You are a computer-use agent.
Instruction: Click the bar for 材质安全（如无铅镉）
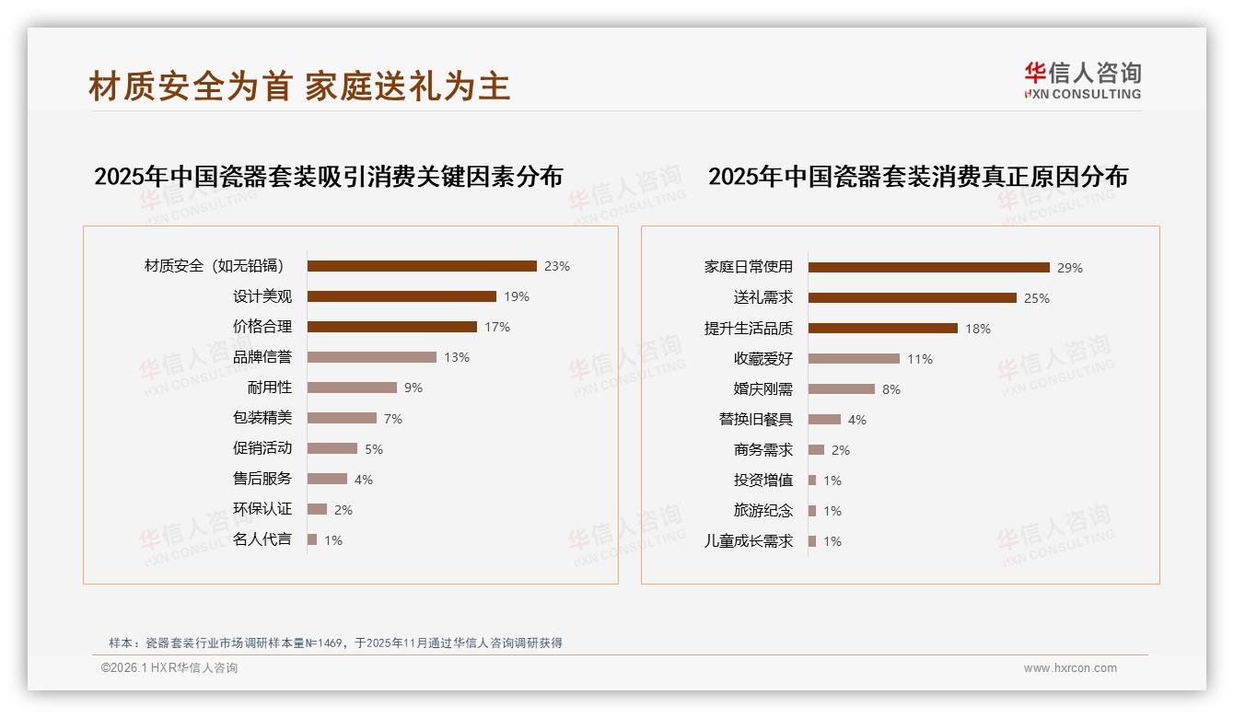pyautogui.click(x=422, y=266)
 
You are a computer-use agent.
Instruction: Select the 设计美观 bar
pyautogui.click(x=402, y=296)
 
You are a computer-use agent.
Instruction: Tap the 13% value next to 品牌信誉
pyautogui.click(x=457, y=357)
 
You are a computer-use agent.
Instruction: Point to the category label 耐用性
pyautogui.click(x=270, y=388)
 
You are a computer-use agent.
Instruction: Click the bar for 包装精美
pyautogui.click(x=342, y=418)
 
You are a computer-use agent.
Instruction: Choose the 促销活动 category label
pyautogui.click(x=262, y=448)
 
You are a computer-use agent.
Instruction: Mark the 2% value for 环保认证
pyautogui.click(x=343, y=509)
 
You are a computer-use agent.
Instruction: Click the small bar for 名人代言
pyautogui.click(x=312, y=539)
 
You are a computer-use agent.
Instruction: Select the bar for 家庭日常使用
pyautogui.click(x=928, y=268)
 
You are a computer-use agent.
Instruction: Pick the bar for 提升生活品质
pyautogui.click(x=883, y=328)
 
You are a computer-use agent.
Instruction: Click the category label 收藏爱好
pyautogui.click(x=763, y=358)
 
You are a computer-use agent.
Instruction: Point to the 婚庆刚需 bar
pyautogui.click(x=842, y=388)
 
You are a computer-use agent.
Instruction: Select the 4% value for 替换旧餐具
pyautogui.click(x=857, y=420)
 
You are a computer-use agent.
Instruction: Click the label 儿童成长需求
pyautogui.click(x=749, y=541)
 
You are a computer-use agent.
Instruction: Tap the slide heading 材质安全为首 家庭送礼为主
pyautogui.click(x=299, y=87)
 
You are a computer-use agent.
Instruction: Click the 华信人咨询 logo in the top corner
pyautogui.click(x=1082, y=80)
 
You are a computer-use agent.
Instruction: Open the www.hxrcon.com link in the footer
pyautogui.click(x=1070, y=668)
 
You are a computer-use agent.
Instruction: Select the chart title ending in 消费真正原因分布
pyautogui.click(x=918, y=177)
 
